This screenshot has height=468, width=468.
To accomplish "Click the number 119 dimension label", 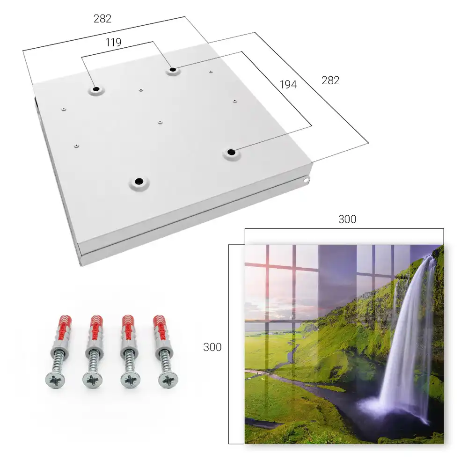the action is (113, 43).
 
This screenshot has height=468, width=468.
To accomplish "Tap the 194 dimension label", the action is (288, 84).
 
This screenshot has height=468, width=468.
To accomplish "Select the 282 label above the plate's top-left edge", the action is (102, 19).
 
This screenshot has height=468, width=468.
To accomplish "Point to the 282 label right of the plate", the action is (330, 80).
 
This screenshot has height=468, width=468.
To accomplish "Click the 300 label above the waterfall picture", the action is (347, 219).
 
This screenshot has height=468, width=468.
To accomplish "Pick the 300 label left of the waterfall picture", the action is (212, 347).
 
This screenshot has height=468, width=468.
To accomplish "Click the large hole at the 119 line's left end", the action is (96, 89).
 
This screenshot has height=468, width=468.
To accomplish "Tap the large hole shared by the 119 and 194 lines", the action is (173, 70).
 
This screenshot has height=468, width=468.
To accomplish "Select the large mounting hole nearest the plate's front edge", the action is (139, 182).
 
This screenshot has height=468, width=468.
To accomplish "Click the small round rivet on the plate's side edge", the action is (306, 180).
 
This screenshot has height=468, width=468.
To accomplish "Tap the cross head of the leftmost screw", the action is (55, 380).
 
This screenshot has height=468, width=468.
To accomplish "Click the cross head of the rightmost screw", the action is (168, 380).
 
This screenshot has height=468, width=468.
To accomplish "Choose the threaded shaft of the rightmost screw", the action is (164, 361).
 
